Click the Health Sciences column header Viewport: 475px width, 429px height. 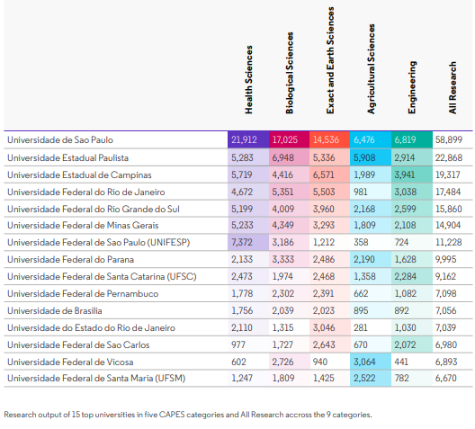tap(248, 80)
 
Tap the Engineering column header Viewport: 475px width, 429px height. tap(412, 87)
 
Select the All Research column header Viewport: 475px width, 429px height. tap(453, 88)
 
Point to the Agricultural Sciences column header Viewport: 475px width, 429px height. tap(371, 68)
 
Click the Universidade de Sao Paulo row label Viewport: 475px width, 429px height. tap(60, 140)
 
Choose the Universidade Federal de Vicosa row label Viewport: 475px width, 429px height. tap(70, 362)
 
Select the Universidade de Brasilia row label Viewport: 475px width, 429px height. tap(55, 311)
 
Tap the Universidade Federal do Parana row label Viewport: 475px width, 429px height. tap(70, 260)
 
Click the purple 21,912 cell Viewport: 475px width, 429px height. tap(248, 139)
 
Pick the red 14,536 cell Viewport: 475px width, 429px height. tap(329, 139)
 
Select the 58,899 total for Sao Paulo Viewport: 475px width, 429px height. tap(449, 139)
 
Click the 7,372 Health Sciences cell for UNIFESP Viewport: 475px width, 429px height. tap(248, 242)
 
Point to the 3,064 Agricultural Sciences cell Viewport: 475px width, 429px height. tap(371, 362)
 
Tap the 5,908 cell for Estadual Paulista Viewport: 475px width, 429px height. tap(371, 157)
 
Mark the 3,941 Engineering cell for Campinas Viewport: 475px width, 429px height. tap(412, 174)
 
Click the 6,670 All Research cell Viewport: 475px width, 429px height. tap(446, 378)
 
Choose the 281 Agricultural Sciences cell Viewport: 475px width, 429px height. tap(361, 327)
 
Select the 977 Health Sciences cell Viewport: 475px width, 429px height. tap(238, 344)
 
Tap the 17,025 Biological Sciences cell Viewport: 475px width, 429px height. tap(289, 139)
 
